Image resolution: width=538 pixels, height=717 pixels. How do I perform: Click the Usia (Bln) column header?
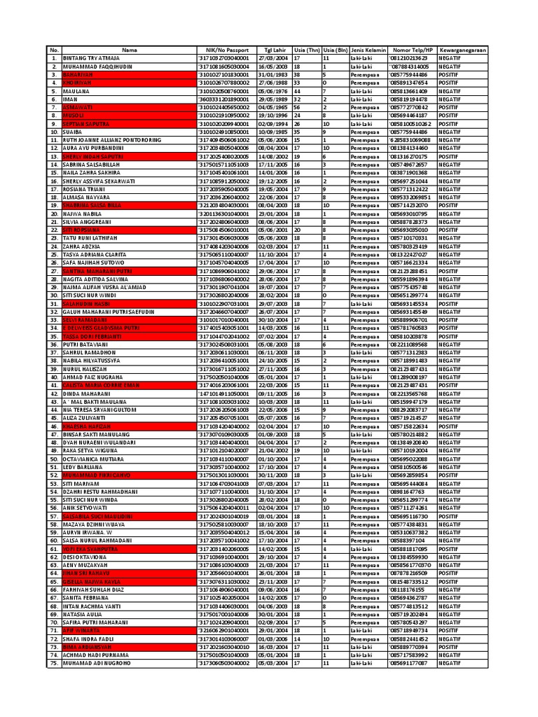(x=335, y=50)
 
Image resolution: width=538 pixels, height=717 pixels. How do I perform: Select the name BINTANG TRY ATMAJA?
(x=90, y=58)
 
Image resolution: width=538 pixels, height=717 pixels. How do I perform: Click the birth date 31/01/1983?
(x=273, y=74)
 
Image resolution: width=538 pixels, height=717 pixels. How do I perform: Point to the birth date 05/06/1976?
(x=273, y=90)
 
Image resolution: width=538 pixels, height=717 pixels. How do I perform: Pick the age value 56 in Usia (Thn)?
(x=297, y=106)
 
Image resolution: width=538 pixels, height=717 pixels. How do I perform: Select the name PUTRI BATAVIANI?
(x=86, y=344)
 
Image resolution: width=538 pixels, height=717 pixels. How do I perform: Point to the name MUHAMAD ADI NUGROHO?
(x=96, y=662)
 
